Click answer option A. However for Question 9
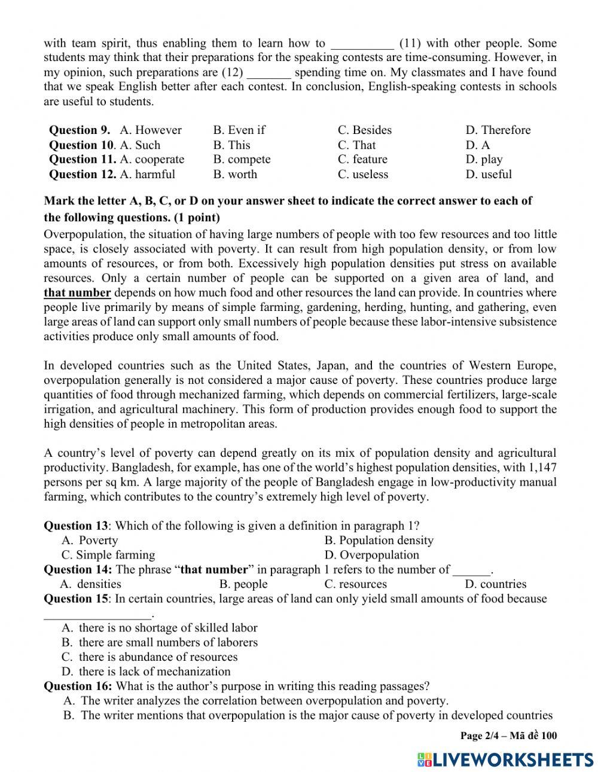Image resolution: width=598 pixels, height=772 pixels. pos(150,130)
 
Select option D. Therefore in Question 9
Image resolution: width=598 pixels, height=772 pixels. pos(498,130)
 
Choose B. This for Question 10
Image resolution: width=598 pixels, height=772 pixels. pos(231,145)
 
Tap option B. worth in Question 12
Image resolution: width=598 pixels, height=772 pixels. pos(235,175)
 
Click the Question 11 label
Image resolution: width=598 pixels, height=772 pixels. pos(82,160)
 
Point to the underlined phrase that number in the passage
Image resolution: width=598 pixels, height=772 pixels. pos(77,293)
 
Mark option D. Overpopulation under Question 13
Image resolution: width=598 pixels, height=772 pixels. pos(371,555)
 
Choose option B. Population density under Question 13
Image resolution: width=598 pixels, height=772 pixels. pos(379,541)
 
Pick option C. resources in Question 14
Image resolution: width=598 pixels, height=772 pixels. pos(355,584)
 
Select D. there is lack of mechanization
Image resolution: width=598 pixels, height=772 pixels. pos(146,672)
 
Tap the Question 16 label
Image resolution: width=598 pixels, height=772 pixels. pos(78,686)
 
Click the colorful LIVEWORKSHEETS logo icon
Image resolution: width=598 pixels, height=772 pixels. pos(425,759)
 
